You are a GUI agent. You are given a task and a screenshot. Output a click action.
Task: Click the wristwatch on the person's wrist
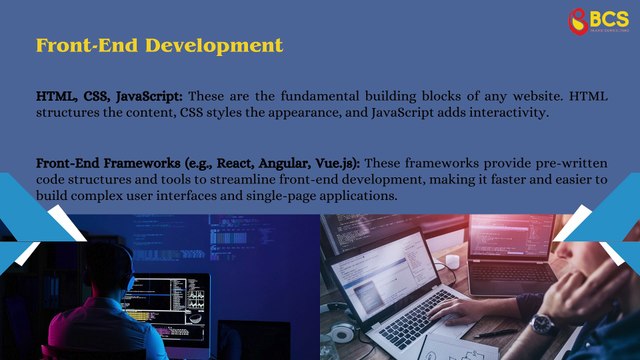(x=543, y=324)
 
